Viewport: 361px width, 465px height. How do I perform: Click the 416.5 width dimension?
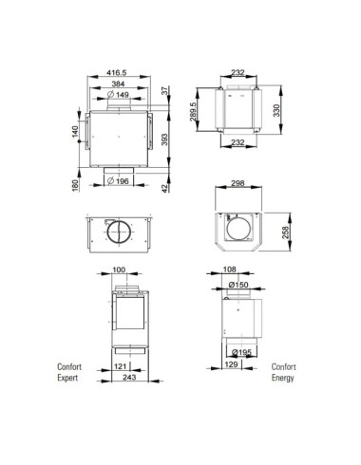click(117, 73)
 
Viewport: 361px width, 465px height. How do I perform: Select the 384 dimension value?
click(118, 84)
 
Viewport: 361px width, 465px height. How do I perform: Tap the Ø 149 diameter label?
click(118, 94)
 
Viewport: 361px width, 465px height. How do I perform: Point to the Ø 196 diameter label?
click(118, 181)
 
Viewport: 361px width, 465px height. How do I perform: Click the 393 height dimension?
click(164, 139)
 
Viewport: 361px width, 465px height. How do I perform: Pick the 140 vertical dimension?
click(75, 132)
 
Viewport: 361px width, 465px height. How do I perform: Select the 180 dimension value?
click(75, 185)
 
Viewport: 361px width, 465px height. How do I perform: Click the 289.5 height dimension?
click(193, 111)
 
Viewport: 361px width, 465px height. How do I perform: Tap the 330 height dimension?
click(276, 110)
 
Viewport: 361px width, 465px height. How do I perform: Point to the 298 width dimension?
click(237, 183)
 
